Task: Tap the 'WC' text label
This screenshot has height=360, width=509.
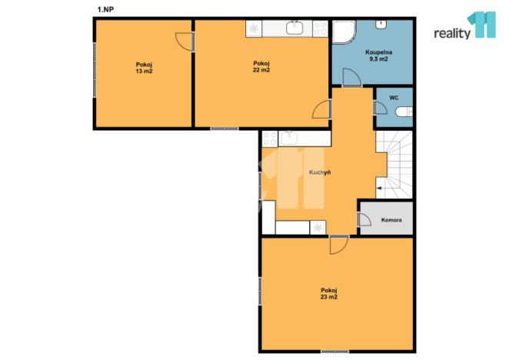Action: pyautogui.click(x=393, y=98)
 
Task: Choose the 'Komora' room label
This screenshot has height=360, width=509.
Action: pyautogui.click(x=391, y=221)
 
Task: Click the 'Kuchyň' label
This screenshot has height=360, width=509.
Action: pyautogui.click(x=320, y=173)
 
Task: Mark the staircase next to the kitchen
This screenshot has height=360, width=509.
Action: pyautogui.click(x=394, y=163)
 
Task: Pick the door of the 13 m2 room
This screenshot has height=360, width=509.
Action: pyautogui.click(x=183, y=42)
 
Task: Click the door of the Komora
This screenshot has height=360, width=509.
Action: pyautogui.click(x=364, y=220)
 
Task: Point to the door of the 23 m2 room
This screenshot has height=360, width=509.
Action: pyautogui.click(x=338, y=245)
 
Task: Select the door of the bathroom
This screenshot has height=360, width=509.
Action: pyautogui.click(x=351, y=78)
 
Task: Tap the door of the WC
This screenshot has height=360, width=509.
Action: pyautogui.click(x=381, y=108)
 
